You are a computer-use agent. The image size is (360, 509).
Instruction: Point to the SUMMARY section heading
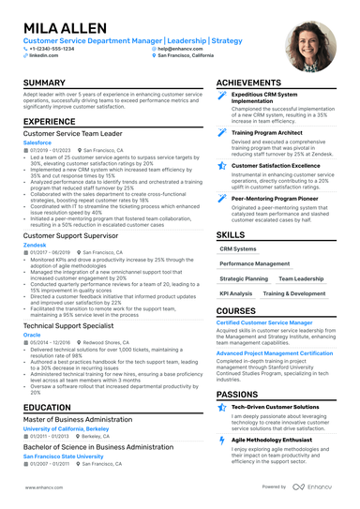click(x=44, y=83)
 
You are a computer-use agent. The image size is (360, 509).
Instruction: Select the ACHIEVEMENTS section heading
click(x=256, y=83)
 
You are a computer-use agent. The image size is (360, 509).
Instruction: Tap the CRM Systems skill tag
click(x=238, y=249)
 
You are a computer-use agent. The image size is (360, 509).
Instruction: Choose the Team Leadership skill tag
click(x=301, y=278)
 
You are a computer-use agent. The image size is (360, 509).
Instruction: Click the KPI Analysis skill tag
click(x=235, y=293)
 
